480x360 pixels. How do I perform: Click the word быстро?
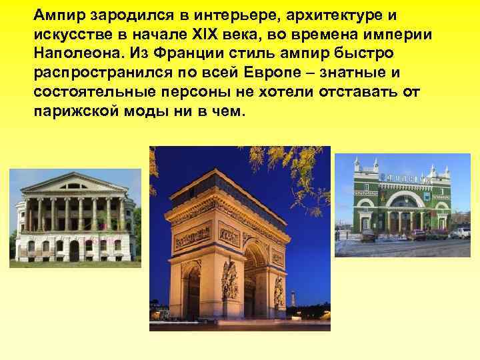click(x=363, y=53)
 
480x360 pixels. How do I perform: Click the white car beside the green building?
click(x=461, y=233)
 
